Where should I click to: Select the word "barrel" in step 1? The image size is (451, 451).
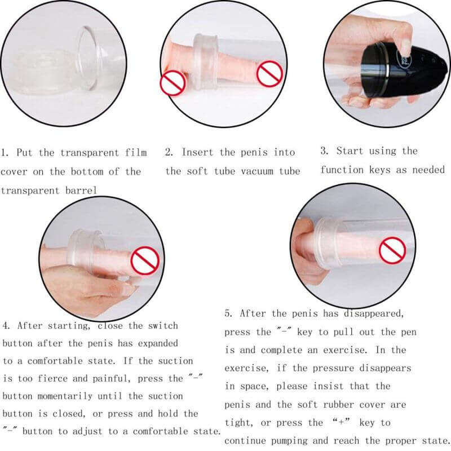tap(78, 191)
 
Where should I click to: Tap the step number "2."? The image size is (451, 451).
tap(169, 152)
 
